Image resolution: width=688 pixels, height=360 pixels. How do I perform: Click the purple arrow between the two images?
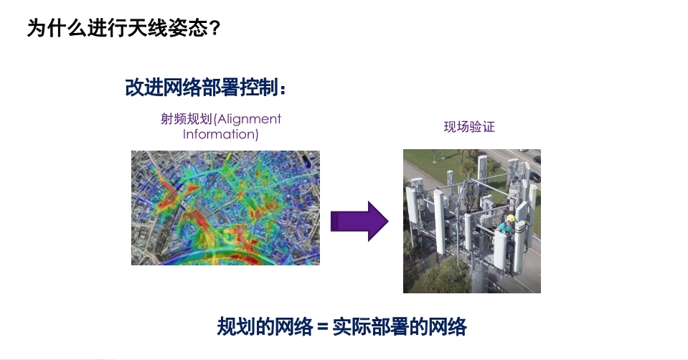[x=359, y=221]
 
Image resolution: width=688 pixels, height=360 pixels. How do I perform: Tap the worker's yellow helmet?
[x=511, y=218]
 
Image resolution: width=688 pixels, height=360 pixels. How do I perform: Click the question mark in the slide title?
[x=214, y=29]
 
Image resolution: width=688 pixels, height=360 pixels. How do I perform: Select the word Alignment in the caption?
[x=249, y=119]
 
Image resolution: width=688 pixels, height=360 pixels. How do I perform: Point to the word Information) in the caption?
[x=221, y=133]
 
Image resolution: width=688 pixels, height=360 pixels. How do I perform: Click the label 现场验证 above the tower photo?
[x=469, y=127]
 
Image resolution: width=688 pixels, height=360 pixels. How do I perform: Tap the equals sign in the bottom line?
[x=323, y=327]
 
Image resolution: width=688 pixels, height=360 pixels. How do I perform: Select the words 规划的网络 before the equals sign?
[x=265, y=327]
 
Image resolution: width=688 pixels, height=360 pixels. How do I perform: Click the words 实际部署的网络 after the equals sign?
[x=400, y=327]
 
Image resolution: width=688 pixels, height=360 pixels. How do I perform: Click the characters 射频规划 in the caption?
[x=187, y=119]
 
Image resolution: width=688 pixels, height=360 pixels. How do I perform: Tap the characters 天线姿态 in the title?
[x=168, y=29]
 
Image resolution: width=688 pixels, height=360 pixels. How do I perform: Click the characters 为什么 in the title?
[x=57, y=29]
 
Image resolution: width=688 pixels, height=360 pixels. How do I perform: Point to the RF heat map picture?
[x=225, y=208]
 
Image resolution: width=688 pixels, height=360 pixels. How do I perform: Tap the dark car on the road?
[x=534, y=176]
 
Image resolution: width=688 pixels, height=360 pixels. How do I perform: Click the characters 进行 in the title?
[x=108, y=29]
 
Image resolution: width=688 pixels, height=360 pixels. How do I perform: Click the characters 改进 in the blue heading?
[x=144, y=87]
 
